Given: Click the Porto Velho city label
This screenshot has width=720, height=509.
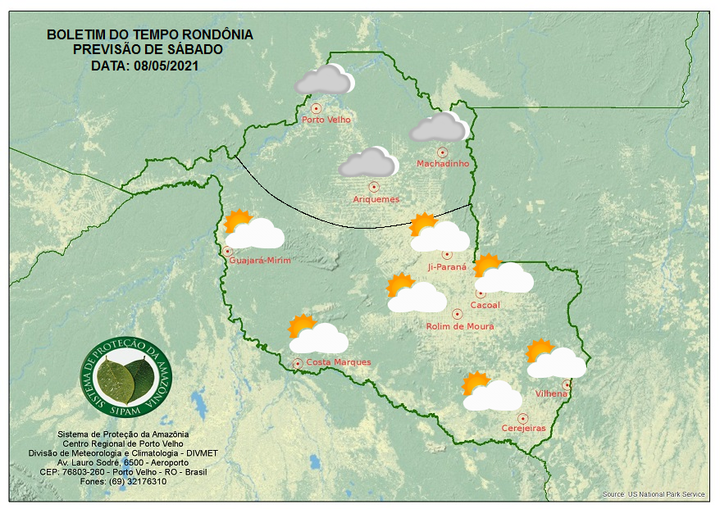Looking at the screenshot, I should tap(326, 120).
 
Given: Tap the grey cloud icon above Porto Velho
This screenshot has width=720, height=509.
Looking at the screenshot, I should tap(324, 80).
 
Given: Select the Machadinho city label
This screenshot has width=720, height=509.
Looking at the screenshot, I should tap(443, 164).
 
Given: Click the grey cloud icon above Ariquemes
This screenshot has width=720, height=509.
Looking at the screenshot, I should tap(368, 162).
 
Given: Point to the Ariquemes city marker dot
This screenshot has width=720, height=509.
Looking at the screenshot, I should tap(374, 187).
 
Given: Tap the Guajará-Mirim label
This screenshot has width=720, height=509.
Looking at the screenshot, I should tap(261, 261).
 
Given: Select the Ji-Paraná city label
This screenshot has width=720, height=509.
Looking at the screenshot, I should tap(447, 267).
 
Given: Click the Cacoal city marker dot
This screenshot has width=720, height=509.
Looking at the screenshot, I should tap(481, 293).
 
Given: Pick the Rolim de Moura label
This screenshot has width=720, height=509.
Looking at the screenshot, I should tap(460, 326).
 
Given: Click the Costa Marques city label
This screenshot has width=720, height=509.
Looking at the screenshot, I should tap(339, 362).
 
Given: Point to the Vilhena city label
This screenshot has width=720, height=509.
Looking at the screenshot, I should tap(551, 394).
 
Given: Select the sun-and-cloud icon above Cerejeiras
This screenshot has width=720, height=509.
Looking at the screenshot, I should tap(491, 392).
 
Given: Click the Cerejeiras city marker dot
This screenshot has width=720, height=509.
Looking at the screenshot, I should tap(522, 418).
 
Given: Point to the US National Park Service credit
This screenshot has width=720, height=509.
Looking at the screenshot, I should tap(654, 494).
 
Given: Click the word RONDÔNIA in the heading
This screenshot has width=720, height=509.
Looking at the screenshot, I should tap(215, 35).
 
